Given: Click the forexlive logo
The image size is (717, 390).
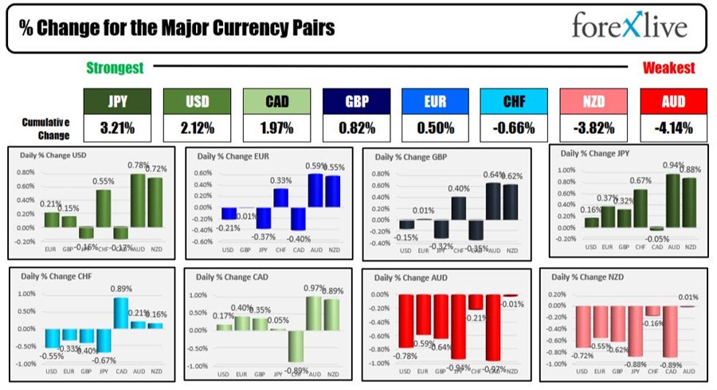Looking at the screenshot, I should pyautogui.click(x=629, y=28).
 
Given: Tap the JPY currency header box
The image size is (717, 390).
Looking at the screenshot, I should pyautogui.click(x=116, y=102).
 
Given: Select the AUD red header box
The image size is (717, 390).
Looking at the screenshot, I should pyautogui.click(x=673, y=102).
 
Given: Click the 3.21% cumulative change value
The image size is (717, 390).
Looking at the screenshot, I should pyautogui.click(x=116, y=128).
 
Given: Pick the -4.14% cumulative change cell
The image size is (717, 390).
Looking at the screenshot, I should pyautogui.click(x=673, y=128).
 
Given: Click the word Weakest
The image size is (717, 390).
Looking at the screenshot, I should pyautogui.click(x=668, y=69).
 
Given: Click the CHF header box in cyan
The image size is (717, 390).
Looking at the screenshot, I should pyautogui.click(x=514, y=102).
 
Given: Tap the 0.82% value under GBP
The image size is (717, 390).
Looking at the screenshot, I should pyautogui.click(x=356, y=128).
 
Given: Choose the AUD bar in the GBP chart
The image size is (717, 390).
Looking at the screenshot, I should pyautogui.click(x=493, y=212).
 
